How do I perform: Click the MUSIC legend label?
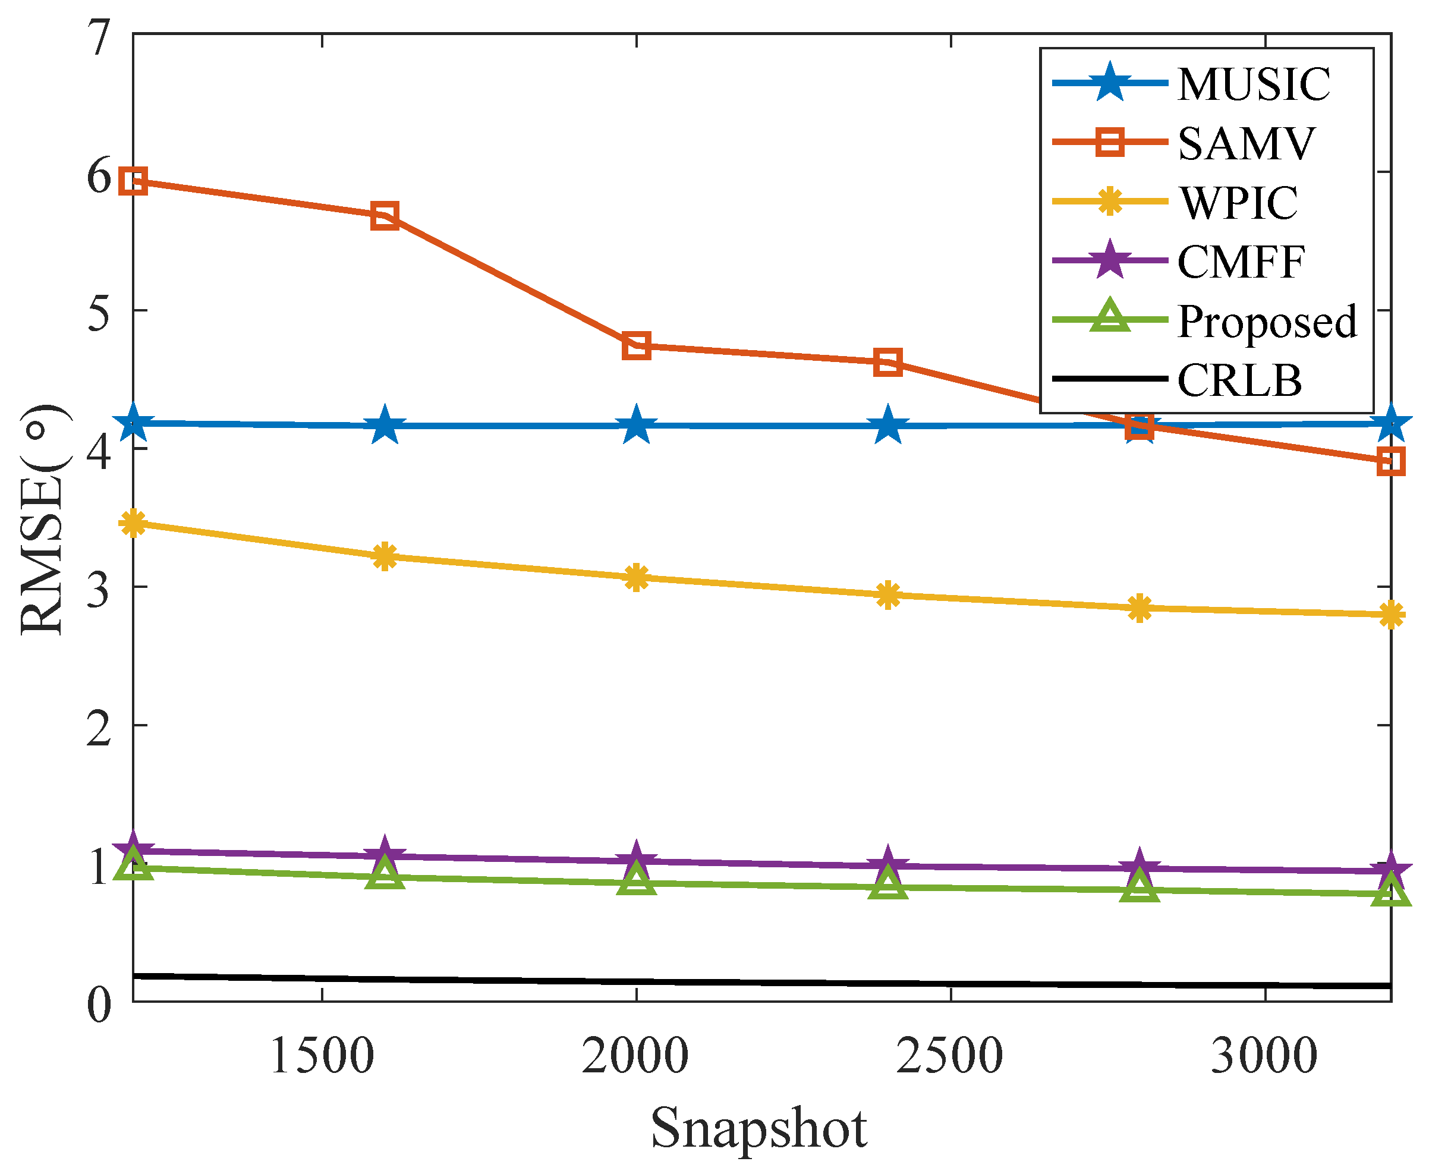[1253, 84]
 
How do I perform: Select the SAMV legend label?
[1246, 143]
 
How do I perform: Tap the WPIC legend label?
[1238, 202]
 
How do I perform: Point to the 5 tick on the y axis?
[99, 313]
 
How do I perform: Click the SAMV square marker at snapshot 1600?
[384, 215]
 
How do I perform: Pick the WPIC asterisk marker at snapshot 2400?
[887, 595]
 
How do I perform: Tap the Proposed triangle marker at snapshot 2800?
[1139, 888]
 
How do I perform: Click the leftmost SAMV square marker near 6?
[133, 181]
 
